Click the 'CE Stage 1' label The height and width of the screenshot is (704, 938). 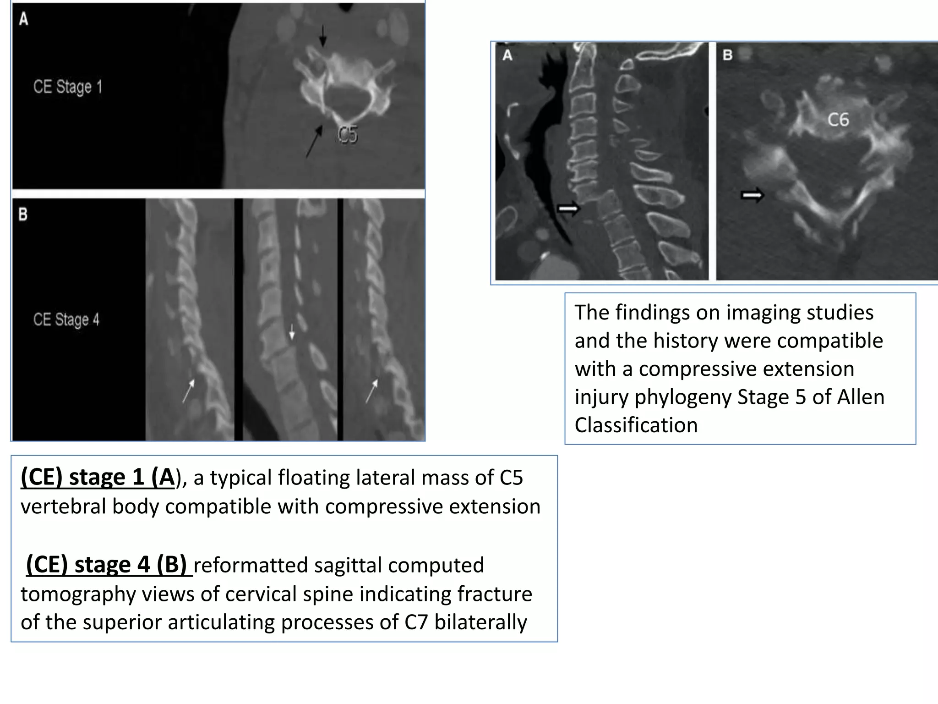[68, 87]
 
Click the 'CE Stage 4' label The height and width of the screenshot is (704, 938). [66, 319]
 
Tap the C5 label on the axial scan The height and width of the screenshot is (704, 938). [347, 135]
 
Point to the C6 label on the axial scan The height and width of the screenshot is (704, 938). [838, 120]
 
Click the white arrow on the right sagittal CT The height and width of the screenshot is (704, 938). [568, 209]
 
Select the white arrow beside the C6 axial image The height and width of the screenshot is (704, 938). [753, 196]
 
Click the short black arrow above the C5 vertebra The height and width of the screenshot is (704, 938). [323, 35]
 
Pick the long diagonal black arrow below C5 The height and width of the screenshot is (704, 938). [314, 143]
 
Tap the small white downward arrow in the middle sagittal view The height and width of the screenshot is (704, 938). [292, 332]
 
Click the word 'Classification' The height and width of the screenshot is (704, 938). [636, 425]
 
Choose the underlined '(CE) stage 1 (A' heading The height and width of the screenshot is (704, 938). [98, 478]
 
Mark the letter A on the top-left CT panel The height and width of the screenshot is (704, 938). [23, 19]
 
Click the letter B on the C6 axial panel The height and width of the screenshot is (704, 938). [727, 55]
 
